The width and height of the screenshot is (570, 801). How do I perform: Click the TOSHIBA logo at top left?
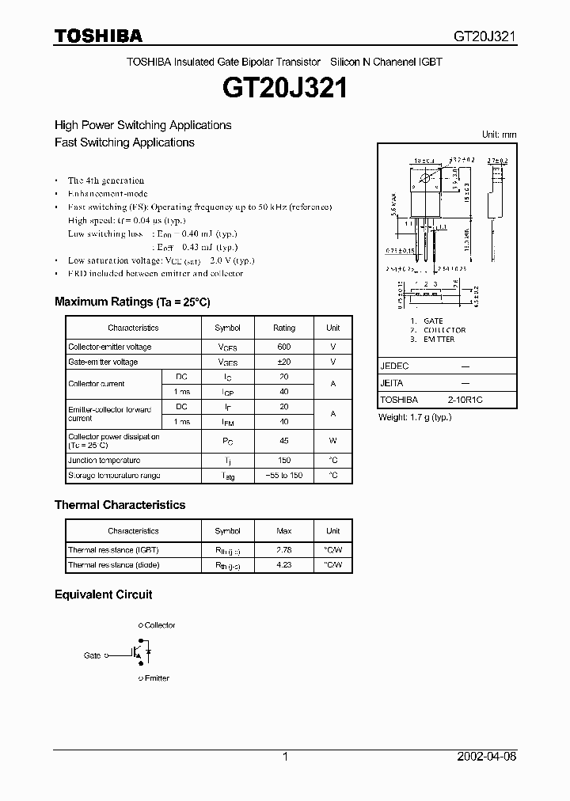(x=98, y=36)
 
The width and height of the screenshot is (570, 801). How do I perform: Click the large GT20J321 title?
(x=285, y=88)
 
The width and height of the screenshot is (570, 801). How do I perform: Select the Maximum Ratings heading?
(x=132, y=302)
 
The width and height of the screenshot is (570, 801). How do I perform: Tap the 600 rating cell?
(x=284, y=347)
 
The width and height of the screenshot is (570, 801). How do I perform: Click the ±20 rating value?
(x=284, y=362)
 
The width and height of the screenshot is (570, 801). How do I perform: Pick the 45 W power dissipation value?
(x=284, y=440)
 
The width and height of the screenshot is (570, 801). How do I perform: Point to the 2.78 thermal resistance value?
(x=284, y=549)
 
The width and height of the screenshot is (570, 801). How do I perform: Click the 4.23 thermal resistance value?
(x=284, y=564)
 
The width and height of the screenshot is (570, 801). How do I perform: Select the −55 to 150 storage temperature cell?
(x=284, y=476)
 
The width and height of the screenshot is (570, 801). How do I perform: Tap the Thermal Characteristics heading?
(x=120, y=504)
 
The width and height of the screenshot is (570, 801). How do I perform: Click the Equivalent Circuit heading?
(x=103, y=594)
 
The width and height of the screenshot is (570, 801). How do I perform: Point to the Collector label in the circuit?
(x=160, y=625)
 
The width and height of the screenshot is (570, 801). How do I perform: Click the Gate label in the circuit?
(x=93, y=655)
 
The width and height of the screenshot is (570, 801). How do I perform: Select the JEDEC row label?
(x=394, y=366)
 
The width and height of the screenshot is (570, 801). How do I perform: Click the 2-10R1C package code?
(x=465, y=400)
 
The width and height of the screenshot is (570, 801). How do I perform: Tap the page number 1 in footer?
(x=285, y=757)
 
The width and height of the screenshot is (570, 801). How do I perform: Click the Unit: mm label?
(x=499, y=135)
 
